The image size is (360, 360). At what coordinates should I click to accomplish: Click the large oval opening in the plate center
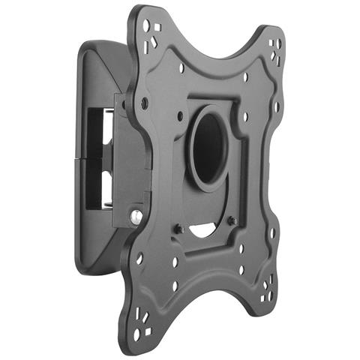(x=207, y=145)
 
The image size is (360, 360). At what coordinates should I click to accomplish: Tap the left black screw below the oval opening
(x=180, y=228)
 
